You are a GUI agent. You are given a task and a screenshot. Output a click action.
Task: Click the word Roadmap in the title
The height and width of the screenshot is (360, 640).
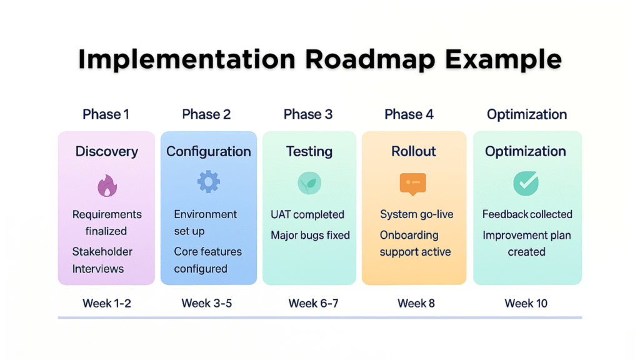pos(370,59)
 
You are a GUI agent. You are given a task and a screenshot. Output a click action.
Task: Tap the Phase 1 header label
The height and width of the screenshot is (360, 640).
pos(106,114)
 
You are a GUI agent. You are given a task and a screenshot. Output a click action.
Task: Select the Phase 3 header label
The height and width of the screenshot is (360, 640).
pos(308,114)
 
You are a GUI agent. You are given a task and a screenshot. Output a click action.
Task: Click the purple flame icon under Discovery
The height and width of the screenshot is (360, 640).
pos(107,186)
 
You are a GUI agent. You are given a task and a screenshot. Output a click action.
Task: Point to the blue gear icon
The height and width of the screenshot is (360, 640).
pos(209,182)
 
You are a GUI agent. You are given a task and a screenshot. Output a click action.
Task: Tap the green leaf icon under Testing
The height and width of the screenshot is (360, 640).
pos(309,183)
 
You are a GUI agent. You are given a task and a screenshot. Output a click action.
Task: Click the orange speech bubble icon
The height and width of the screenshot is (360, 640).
pos(413,184)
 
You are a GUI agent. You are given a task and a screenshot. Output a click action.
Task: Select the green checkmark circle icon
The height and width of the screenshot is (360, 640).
pos(526,183)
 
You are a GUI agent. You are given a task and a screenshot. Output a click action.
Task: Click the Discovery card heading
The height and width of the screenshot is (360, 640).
pos(107,151)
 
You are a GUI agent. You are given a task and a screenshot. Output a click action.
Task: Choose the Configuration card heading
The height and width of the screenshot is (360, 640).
pos(209,152)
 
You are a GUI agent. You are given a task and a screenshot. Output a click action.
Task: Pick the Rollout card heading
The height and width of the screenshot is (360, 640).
pos(414,151)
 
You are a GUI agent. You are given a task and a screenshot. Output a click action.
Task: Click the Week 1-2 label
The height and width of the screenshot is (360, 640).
pos(107,303)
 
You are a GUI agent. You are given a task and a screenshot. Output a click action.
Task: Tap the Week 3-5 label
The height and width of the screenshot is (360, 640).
pos(206,303)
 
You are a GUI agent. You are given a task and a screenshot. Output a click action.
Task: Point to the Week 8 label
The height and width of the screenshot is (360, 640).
pos(416,303)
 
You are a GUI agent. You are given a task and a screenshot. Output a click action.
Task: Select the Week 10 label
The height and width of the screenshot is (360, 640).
pos(526,303)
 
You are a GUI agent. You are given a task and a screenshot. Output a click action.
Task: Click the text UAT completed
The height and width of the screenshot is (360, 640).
pos(307,215)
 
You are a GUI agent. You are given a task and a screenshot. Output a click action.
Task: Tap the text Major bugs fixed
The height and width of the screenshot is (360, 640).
pos(310,235)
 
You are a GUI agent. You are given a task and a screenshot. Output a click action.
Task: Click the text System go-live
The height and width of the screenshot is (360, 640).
pos(417,215)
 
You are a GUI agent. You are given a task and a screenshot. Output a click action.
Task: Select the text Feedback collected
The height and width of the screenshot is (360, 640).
pos(527,214)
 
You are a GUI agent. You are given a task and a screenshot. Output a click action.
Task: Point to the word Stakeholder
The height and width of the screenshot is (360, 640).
pos(102,251)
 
